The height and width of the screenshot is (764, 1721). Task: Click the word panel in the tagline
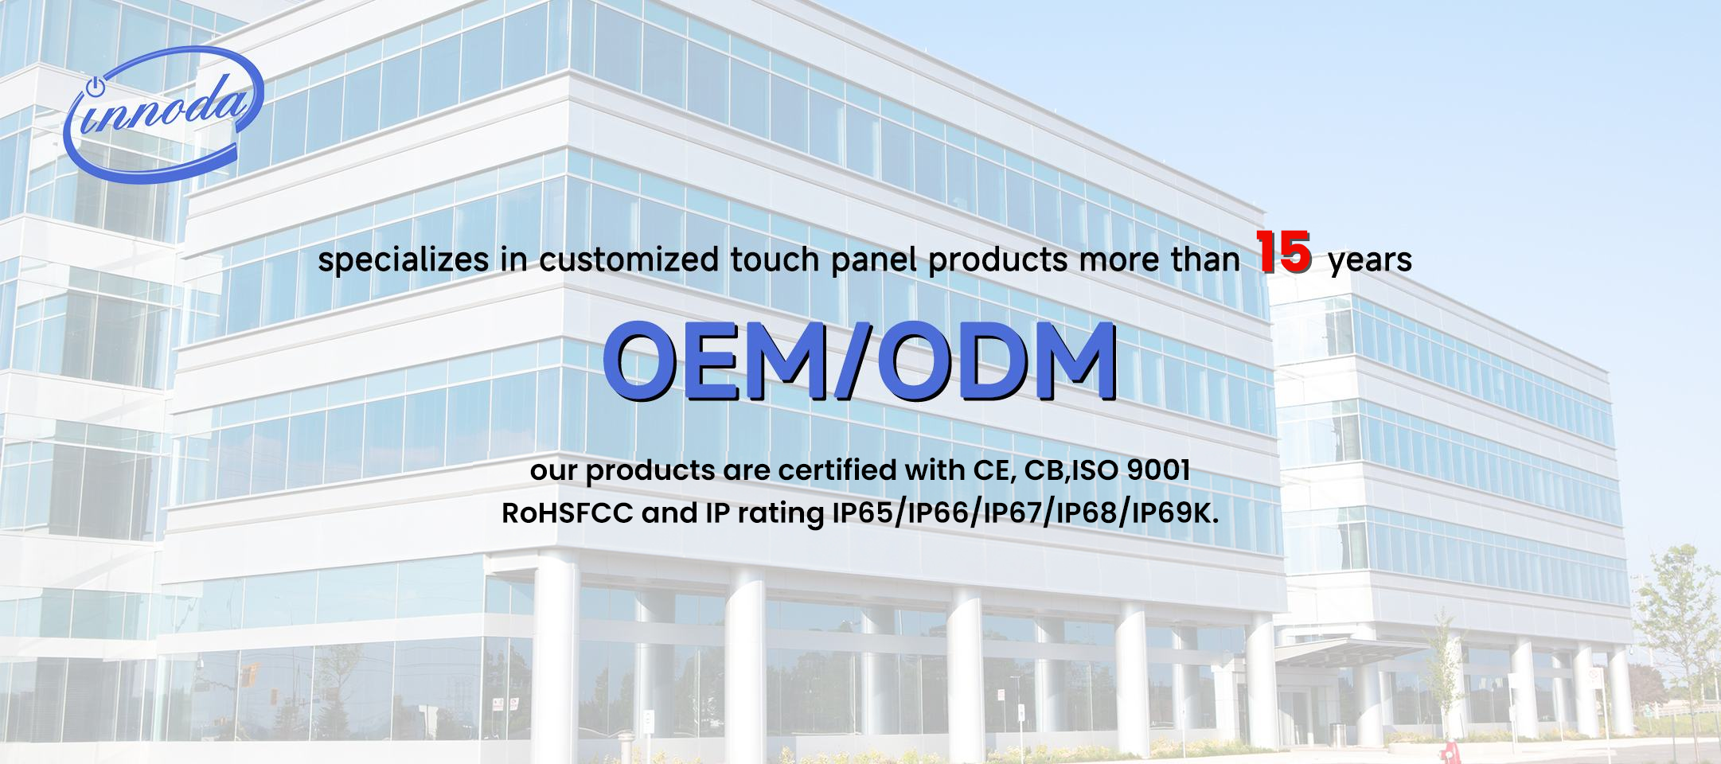pos(875,261)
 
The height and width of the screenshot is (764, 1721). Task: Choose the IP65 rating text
pos(864,514)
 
